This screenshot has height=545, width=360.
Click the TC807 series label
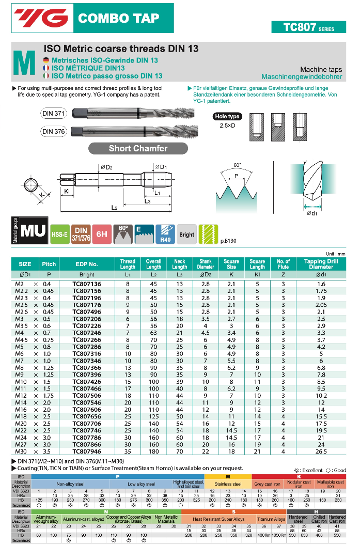click(x=308, y=27)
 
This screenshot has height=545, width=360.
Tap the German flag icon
click(x=46, y=60)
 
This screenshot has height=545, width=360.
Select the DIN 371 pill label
click(x=53, y=114)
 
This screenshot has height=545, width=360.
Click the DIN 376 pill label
click(x=53, y=131)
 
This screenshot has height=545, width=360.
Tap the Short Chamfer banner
click(x=138, y=148)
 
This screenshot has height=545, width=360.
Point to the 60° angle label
click(x=237, y=165)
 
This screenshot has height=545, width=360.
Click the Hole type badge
click(x=226, y=117)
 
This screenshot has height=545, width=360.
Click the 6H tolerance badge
click(x=102, y=234)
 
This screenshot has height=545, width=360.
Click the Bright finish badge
click(x=186, y=235)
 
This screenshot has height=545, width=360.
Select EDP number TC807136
click(x=87, y=284)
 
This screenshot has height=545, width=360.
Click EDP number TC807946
click(x=87, y=451)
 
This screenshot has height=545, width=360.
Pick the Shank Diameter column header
click(x=205, y=264)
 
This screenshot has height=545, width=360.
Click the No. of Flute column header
click(x=283, y=264)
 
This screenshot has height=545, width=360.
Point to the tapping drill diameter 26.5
click(x=321, y=451)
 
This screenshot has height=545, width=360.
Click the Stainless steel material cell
click(x=228, y=485)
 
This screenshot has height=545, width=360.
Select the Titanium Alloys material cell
click(x=271, y=519)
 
